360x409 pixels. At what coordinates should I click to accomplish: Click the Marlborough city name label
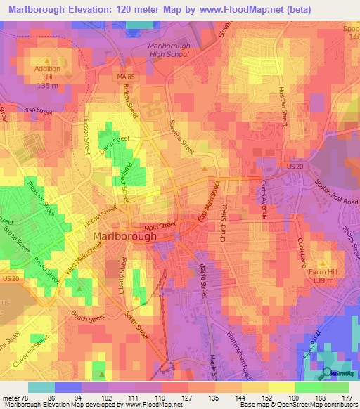125,237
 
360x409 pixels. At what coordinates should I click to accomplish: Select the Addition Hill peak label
47,72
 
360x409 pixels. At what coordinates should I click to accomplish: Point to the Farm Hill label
322,270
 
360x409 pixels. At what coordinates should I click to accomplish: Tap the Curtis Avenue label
263,199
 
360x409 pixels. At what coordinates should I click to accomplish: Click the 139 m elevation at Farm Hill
322,280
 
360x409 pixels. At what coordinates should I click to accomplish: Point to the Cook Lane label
302,252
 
